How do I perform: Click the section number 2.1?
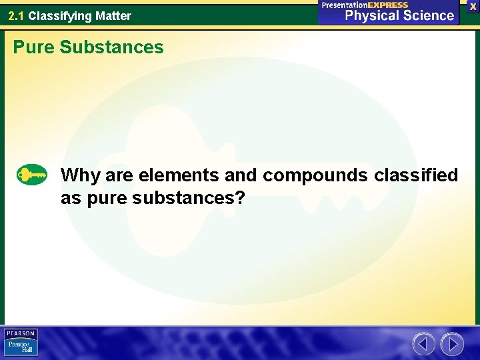click(x=17, y=15)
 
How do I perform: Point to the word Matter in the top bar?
click(x=113, y=15)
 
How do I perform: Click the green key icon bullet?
click(x=32, y=175)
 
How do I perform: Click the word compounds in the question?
click(x=315, y=175)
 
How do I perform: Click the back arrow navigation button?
click(x=423, y=344)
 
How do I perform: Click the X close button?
click(x=473, y=6)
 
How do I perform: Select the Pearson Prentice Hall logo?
click(x=21, y=343)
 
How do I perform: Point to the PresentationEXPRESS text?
click(x=365, y=5)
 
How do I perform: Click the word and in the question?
click(x=241, y=175)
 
